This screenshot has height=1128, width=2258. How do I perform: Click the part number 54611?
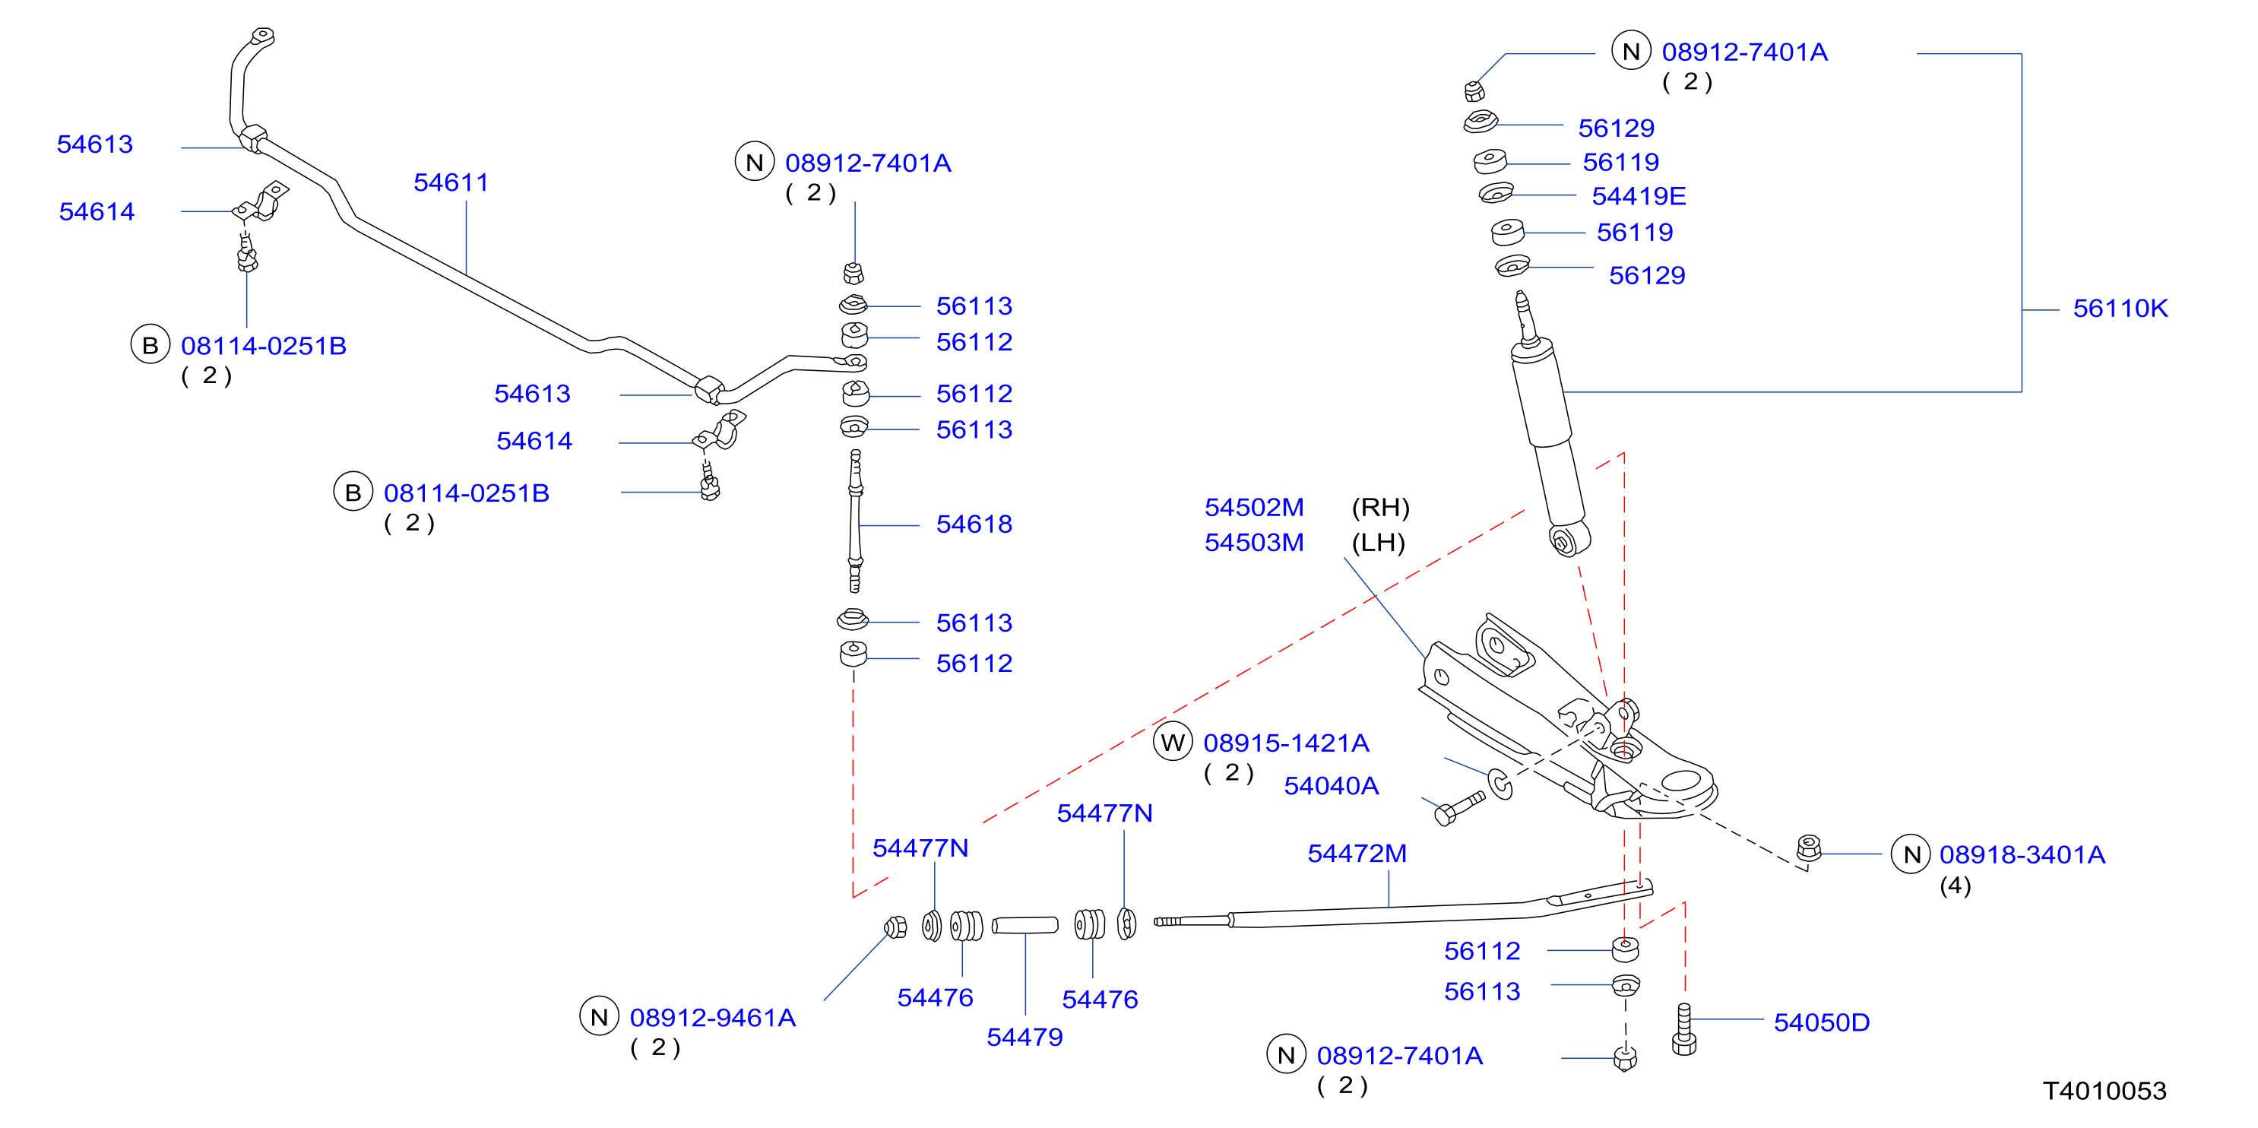point(451,182)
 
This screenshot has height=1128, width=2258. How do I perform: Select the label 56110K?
point(2120,309)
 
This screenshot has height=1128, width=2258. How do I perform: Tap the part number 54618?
point(974,524)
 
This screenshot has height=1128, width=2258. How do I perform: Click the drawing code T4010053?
point(2104,1092)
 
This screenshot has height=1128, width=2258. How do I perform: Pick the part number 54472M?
point(1357,854)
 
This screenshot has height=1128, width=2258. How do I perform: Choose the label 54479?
point(1024,1038)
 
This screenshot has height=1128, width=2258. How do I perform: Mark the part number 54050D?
point(1822,1023)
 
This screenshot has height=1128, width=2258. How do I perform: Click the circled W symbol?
point(1173,743)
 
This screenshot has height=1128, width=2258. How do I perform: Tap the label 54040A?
point(1331,786)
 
